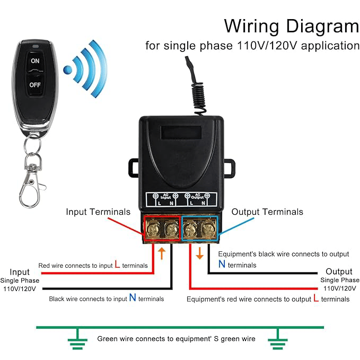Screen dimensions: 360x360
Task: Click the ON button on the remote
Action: pyautogui.click(x=35, y=61)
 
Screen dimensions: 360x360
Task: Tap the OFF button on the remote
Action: pyautogui.click(x=35, y=85)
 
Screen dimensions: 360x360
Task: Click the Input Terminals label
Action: pyautogui.click(x=98, y=212)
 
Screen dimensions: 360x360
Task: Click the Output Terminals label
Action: pyautogui.click(x=267, y=212)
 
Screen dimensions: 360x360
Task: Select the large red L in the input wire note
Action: pyautogui.click(x=117, y=264)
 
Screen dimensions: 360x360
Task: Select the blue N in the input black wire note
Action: pyautogui.click(x=133, y=298)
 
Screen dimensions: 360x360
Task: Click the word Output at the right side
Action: pyautogui.click(x=339, y=271)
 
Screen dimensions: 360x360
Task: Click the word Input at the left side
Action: pyautogui.click(x=20, y=272)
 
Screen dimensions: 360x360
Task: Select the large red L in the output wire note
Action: pyautogui.click(x=316, y=298)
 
